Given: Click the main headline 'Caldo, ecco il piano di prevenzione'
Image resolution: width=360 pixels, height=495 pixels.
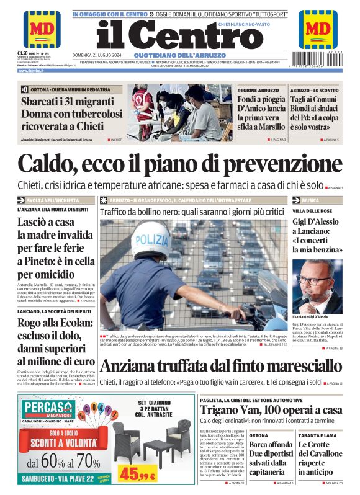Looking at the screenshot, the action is point(180,163).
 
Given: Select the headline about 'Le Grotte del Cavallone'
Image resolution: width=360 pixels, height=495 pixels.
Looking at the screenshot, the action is point(318,458).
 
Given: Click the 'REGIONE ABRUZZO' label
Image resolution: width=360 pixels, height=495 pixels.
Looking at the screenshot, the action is point(258,91).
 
